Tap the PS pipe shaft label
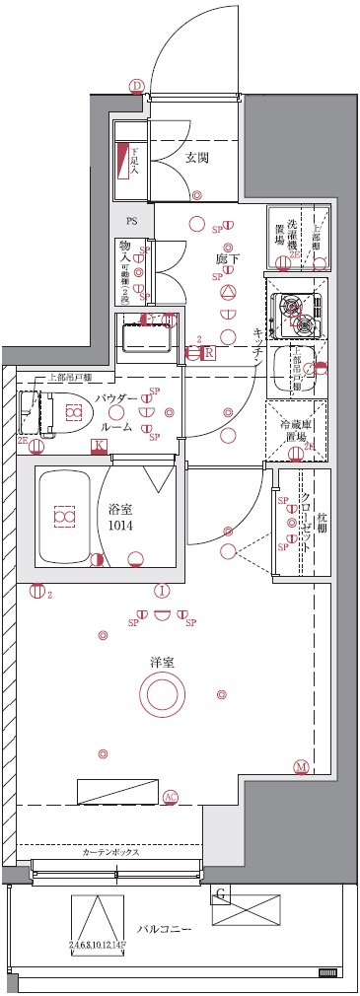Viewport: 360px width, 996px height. pyautogui.click(x=131, y=222)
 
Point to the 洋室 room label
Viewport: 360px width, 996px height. pyautogui.click(x=163, y=662)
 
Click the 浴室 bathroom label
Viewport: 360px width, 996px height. pyautogui.click(x=121, y=510)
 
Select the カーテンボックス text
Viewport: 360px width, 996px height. pyautogui.click(x=109, y=851)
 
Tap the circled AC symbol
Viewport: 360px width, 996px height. pyautogui.click(x=170, y=797)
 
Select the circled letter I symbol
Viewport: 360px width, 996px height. pyautogui.click(x=161, y=591)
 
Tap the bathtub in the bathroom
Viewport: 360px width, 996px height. pyautogui.click(x=64, y=517)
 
